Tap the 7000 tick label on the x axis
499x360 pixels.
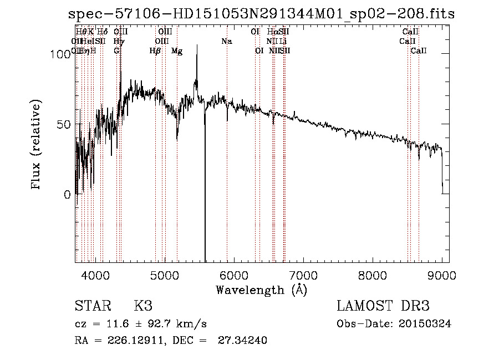303,276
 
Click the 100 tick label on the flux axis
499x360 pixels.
58,54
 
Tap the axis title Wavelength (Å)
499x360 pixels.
261,290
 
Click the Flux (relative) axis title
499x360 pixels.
37,145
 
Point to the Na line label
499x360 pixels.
226,42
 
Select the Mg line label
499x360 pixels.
177,51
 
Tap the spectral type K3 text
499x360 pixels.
142,306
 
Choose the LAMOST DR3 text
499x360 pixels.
383,306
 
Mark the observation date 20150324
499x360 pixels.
426,324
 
